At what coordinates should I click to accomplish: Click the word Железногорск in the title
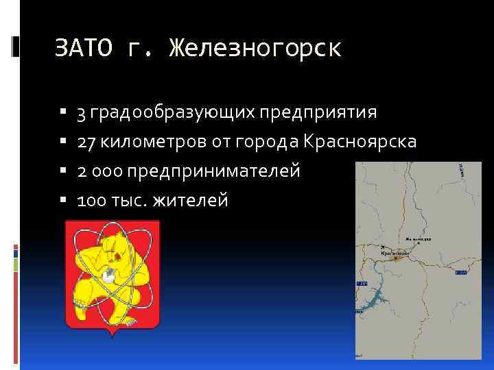click(255, 49)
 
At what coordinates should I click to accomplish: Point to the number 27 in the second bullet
click(86, 142)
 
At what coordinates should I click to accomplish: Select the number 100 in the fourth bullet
click(91, 201)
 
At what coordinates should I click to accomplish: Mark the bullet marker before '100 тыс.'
click(63, 201)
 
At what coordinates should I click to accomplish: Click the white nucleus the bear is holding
click(108, 277)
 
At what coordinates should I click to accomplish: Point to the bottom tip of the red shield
click(112, 336)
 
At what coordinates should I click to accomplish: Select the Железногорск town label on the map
click(419, 239)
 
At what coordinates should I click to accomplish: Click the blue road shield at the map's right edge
click(460, 272)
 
